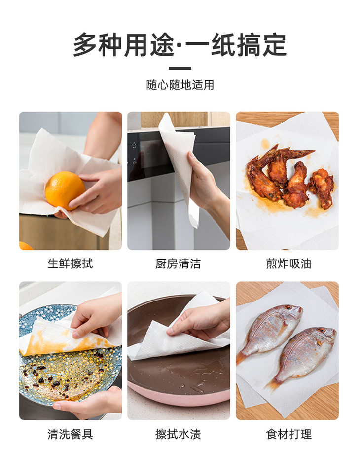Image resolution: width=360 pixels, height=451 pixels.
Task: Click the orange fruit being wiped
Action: coord(65,190)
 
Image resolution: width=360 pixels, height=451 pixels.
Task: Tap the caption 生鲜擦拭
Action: coord(70,263)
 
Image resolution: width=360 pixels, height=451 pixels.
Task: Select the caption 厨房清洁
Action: coord(178,263)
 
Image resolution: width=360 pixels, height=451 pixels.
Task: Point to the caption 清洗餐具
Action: coord(70,434)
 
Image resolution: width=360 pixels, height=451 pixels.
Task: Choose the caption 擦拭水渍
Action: coord(178,434)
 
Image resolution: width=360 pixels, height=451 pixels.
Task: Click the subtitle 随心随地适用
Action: coord(180,85)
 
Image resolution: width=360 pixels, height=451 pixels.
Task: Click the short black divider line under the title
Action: coord(180,68)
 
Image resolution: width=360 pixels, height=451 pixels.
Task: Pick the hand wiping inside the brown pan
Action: coord(197,323)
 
